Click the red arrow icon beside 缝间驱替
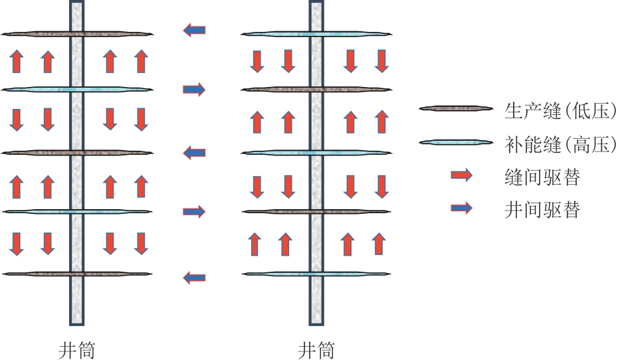(x=461, y=175)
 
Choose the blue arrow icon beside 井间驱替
(x=461, y=209)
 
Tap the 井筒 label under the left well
(x=76, y=350)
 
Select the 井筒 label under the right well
(x=316, y=350)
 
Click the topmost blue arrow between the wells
(x=194, y=29)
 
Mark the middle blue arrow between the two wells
(x=194, y=153)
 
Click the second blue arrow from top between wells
(x=194, y=89)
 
